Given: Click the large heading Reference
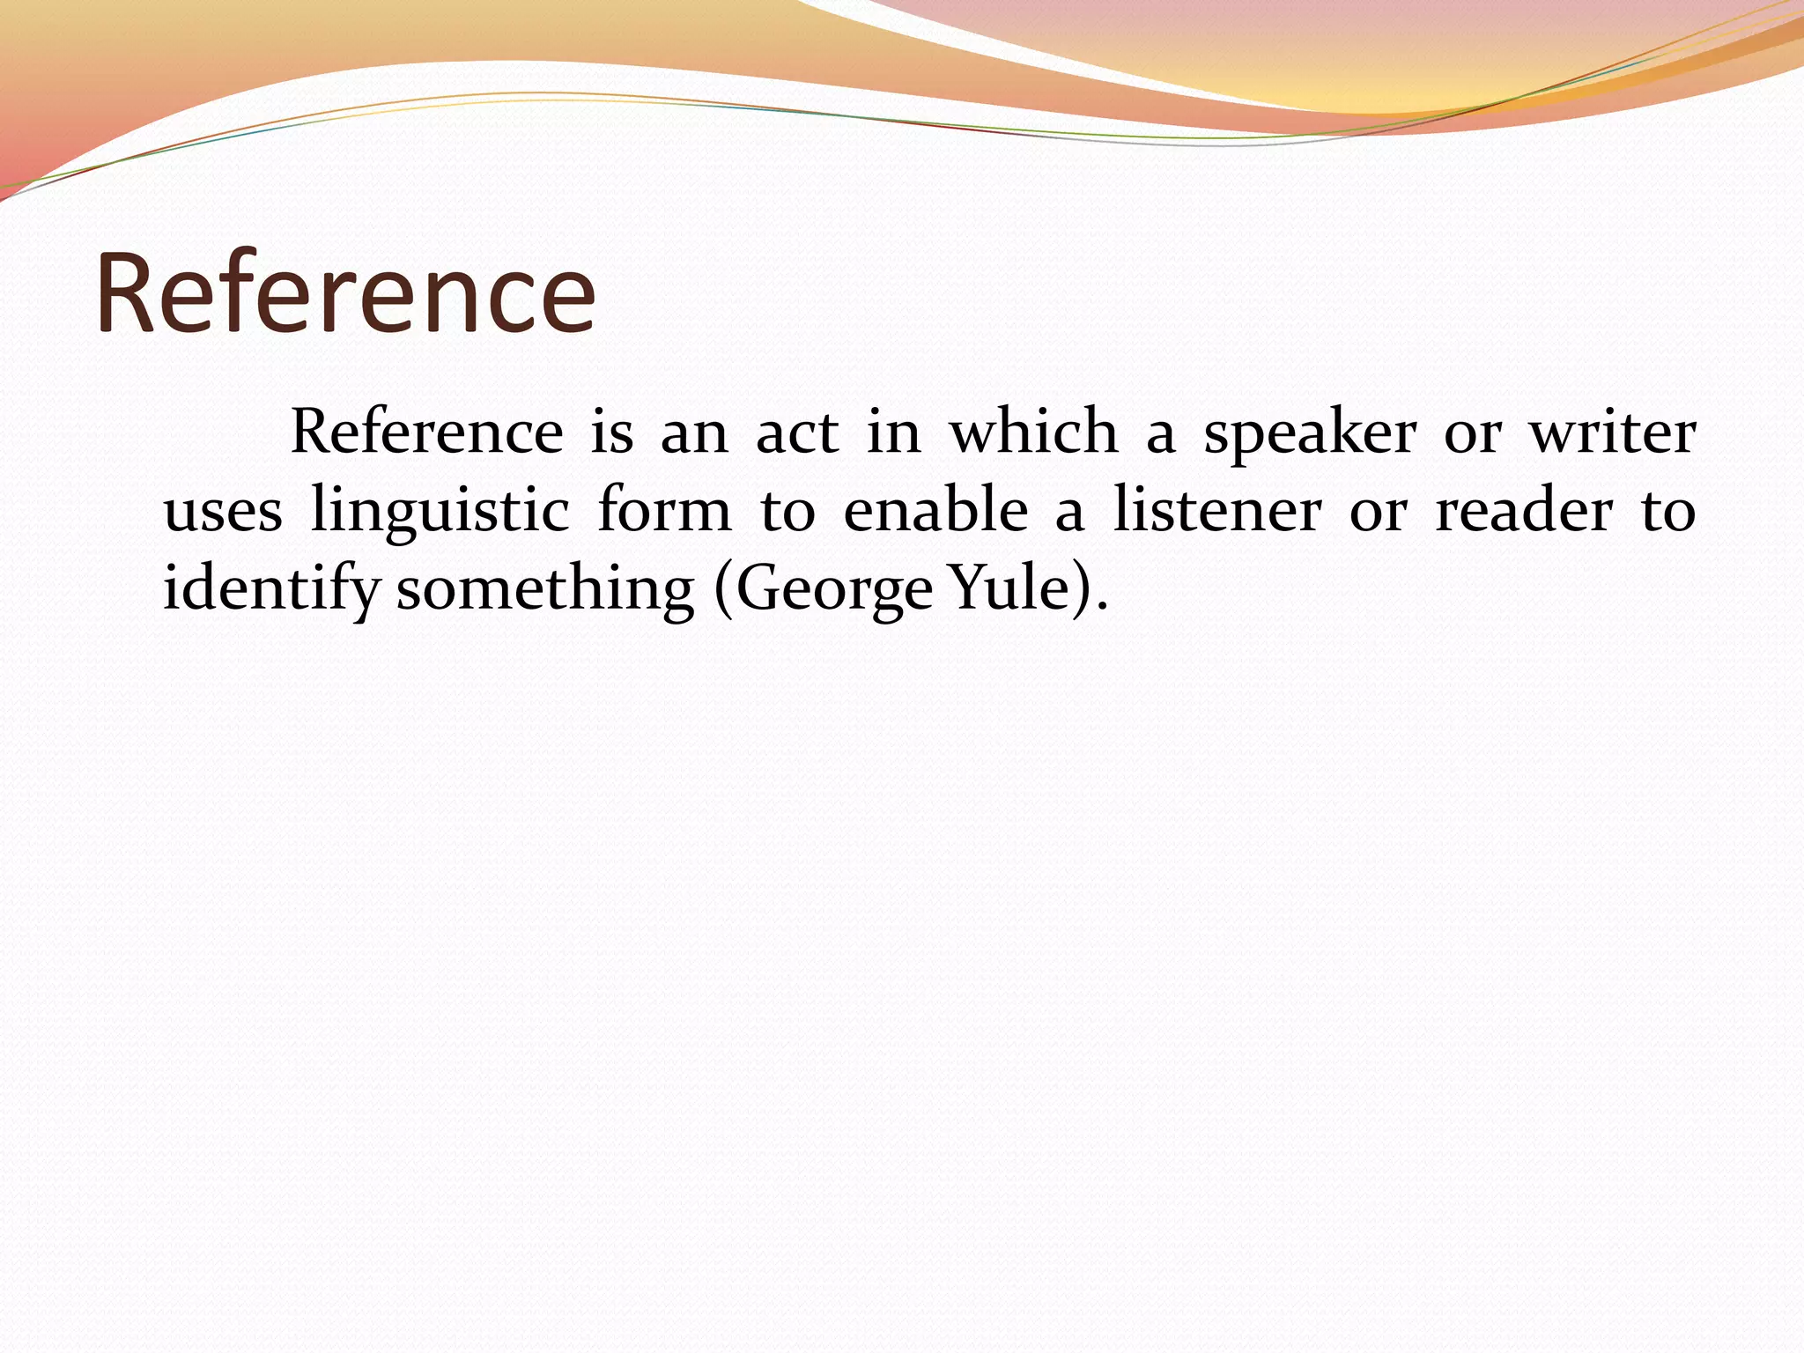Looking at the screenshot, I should point(345,293).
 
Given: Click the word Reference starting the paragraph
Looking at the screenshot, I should point(426,433).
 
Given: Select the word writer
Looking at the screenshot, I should point(1612,433).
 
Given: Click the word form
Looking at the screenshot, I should point(664,510).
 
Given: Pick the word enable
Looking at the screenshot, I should point(935,510).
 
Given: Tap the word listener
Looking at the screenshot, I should point(1217,510).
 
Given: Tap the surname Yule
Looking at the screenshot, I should point(1009,588).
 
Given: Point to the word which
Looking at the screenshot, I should point(1033,433).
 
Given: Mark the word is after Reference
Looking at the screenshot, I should point(611,433).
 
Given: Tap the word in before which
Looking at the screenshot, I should point(893,433).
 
